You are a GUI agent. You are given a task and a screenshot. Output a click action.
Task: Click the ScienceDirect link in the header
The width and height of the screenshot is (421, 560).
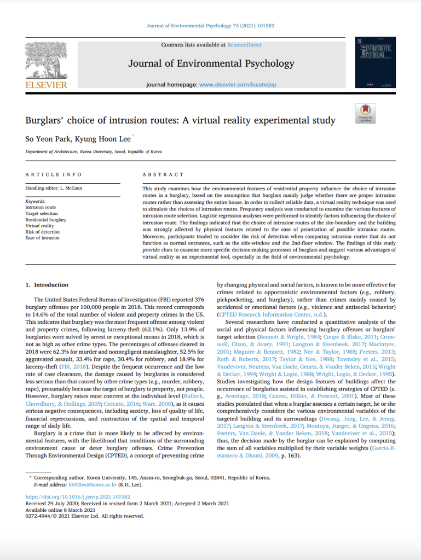click(244, 45)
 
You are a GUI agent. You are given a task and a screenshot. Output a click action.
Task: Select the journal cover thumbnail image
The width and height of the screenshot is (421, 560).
click(375, 62)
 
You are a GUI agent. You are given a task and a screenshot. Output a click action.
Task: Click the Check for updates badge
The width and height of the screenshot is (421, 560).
click(365, 113)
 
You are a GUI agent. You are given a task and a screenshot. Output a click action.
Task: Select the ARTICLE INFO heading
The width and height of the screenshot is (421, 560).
click(54, 174)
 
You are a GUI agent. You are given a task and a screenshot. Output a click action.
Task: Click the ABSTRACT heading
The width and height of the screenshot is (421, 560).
click(163, 174)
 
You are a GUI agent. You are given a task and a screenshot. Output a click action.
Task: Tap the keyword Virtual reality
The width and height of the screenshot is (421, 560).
click(40, 225)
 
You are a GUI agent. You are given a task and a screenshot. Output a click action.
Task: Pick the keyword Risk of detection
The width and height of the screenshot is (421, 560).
click(43, 231)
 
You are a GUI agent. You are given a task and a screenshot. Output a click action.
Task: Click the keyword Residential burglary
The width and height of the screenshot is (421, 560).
click(46, 219)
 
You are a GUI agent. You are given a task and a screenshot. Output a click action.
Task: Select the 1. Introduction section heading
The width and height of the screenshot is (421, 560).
click(48, 285)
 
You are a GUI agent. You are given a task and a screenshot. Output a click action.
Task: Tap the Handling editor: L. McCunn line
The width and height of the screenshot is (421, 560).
click(53, 188)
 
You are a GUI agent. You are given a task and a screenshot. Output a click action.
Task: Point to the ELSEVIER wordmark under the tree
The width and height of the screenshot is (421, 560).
click(46, 85)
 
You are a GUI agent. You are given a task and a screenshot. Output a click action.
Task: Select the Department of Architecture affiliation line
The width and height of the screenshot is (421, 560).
click(94, 151)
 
